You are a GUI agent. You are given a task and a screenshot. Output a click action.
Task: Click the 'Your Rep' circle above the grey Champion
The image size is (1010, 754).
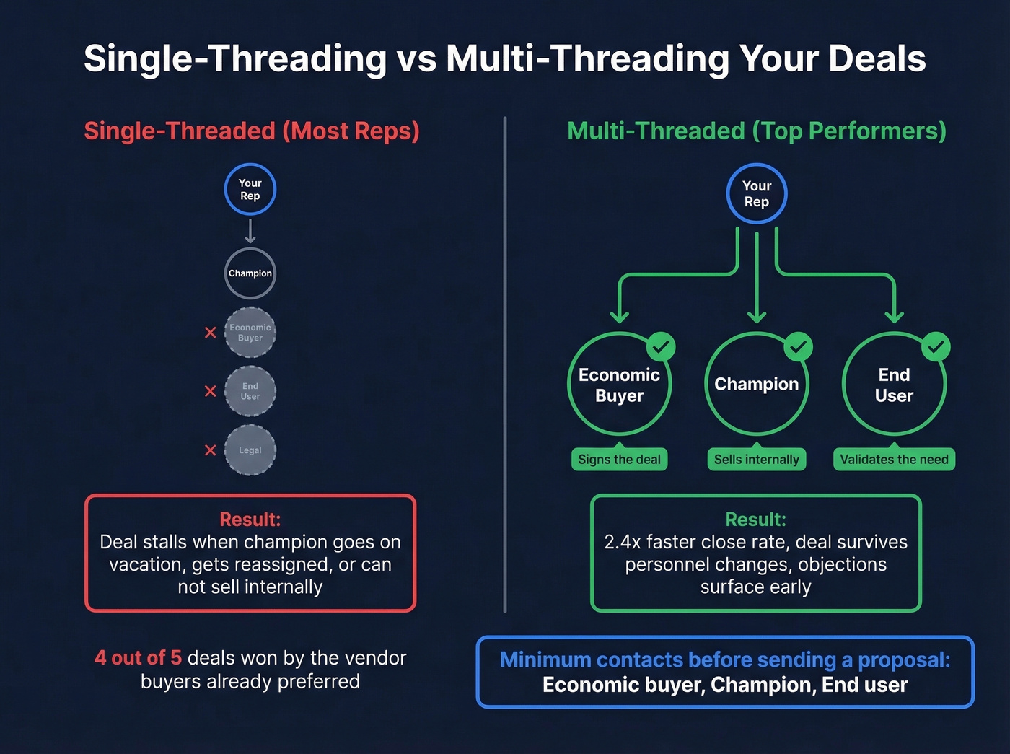click(250, 190)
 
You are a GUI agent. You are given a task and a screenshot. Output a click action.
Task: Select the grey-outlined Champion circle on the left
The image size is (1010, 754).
click(250, 273)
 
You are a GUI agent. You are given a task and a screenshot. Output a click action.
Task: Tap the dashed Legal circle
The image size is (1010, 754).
click(250, 450)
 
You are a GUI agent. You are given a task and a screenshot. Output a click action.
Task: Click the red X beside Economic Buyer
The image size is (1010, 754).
click(210, 333)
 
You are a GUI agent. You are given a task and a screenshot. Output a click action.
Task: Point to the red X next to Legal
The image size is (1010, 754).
click(210, 450)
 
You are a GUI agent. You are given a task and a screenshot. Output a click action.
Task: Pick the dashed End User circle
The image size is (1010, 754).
click(250, 391)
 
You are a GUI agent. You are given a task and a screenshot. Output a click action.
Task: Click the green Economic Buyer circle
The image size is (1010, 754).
click(619, 385)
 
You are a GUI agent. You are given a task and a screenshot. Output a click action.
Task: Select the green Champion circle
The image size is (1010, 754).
click(756, 385)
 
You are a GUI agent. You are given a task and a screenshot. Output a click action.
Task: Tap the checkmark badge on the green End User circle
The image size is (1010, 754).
click(936, 347)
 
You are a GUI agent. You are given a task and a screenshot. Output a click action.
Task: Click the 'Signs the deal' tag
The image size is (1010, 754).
click(619, 460)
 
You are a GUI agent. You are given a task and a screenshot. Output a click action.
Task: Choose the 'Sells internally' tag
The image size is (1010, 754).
click(756, 460)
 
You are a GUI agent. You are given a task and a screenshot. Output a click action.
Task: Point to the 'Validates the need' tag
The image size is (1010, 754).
click(894, 460)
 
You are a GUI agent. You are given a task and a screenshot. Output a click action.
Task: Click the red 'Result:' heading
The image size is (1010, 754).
click(250, 520)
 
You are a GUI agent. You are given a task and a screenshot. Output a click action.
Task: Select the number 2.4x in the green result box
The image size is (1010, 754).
click(622, 542)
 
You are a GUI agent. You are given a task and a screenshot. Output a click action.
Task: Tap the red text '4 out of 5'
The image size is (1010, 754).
click(138, 658)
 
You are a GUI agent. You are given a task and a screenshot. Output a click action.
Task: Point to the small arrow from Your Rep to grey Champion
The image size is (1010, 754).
click(250, 232)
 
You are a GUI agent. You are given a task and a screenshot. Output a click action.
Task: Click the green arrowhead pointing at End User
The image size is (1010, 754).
click(894, 316)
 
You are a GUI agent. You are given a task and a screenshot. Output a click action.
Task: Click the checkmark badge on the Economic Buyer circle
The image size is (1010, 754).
click(661, 347)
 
